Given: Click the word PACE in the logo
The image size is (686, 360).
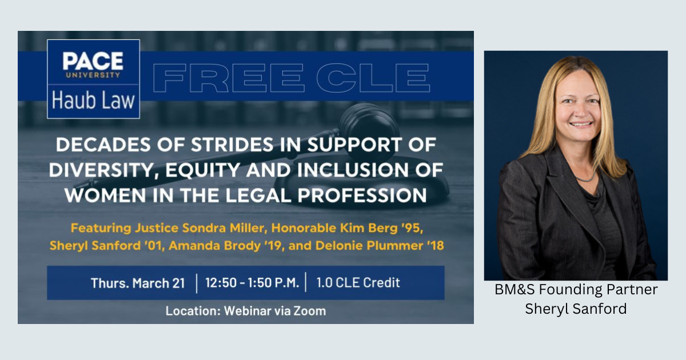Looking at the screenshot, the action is [x=93, y=61].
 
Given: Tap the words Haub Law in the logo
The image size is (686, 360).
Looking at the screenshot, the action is [x=93, y=100].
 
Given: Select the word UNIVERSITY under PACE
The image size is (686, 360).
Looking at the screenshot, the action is [x=93, y=75].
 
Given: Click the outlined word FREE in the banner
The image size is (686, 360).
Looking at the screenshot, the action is [x=228, y=78].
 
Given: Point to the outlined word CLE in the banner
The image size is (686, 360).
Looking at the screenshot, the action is [x=373, y=78].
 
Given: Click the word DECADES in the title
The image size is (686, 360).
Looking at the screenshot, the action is [x=103, y=145].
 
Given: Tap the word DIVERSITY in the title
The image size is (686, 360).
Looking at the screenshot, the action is [x=102, y=170].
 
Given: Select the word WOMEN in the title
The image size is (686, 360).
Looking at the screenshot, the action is [x=105, y=195].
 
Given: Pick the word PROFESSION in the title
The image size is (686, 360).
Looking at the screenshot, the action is [x=362, y=195].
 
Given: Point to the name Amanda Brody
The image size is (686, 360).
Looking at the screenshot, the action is [x=214, y=246].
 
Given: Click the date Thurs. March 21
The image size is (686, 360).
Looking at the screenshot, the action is [x=138, y=283].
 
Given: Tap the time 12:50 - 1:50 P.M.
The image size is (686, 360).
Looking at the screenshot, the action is [x=252, y=283].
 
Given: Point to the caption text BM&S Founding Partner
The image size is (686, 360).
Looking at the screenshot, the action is [x=576, y=289].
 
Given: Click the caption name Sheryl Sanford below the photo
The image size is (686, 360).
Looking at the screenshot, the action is [x=576, y=309].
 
